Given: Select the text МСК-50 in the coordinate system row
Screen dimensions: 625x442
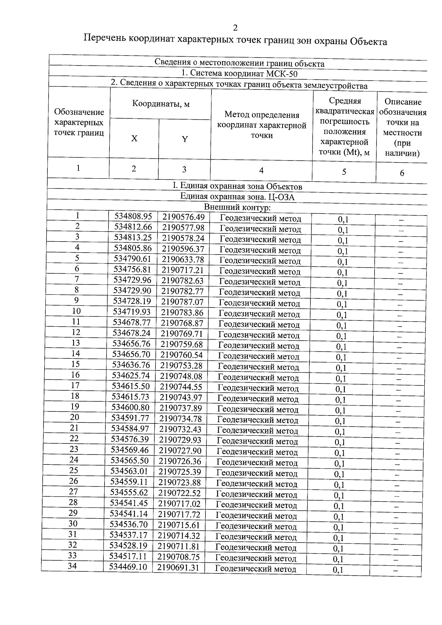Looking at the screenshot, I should [x=282, y=74].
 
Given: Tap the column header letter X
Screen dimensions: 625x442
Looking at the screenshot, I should [x=134, y=138].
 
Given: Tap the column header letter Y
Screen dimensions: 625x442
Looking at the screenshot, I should [x=185, y=139].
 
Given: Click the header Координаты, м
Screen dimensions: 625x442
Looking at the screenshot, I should [x=161, y=104].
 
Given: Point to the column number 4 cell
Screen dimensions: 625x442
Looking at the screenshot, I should [x=261, y=170].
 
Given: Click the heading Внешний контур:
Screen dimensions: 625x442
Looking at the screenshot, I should [x=237, y=207].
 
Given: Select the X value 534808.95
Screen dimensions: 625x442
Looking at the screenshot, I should [x=133, y=217].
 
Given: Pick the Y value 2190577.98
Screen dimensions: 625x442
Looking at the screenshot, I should [x=183, y=228].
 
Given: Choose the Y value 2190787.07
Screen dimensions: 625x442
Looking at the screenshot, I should [x=182, y=302].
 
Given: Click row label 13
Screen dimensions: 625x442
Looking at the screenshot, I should [x=76, y=343].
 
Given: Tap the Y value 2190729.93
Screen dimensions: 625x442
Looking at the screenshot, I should [x=181, y=440].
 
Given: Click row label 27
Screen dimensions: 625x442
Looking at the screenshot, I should [x=74, y=492].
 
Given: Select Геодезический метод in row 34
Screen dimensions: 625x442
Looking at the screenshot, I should [x=256, y=569].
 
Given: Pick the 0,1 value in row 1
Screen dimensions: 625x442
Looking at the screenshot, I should [x=343, y=220].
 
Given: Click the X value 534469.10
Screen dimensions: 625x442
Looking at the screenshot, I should [x=128, y=566].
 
